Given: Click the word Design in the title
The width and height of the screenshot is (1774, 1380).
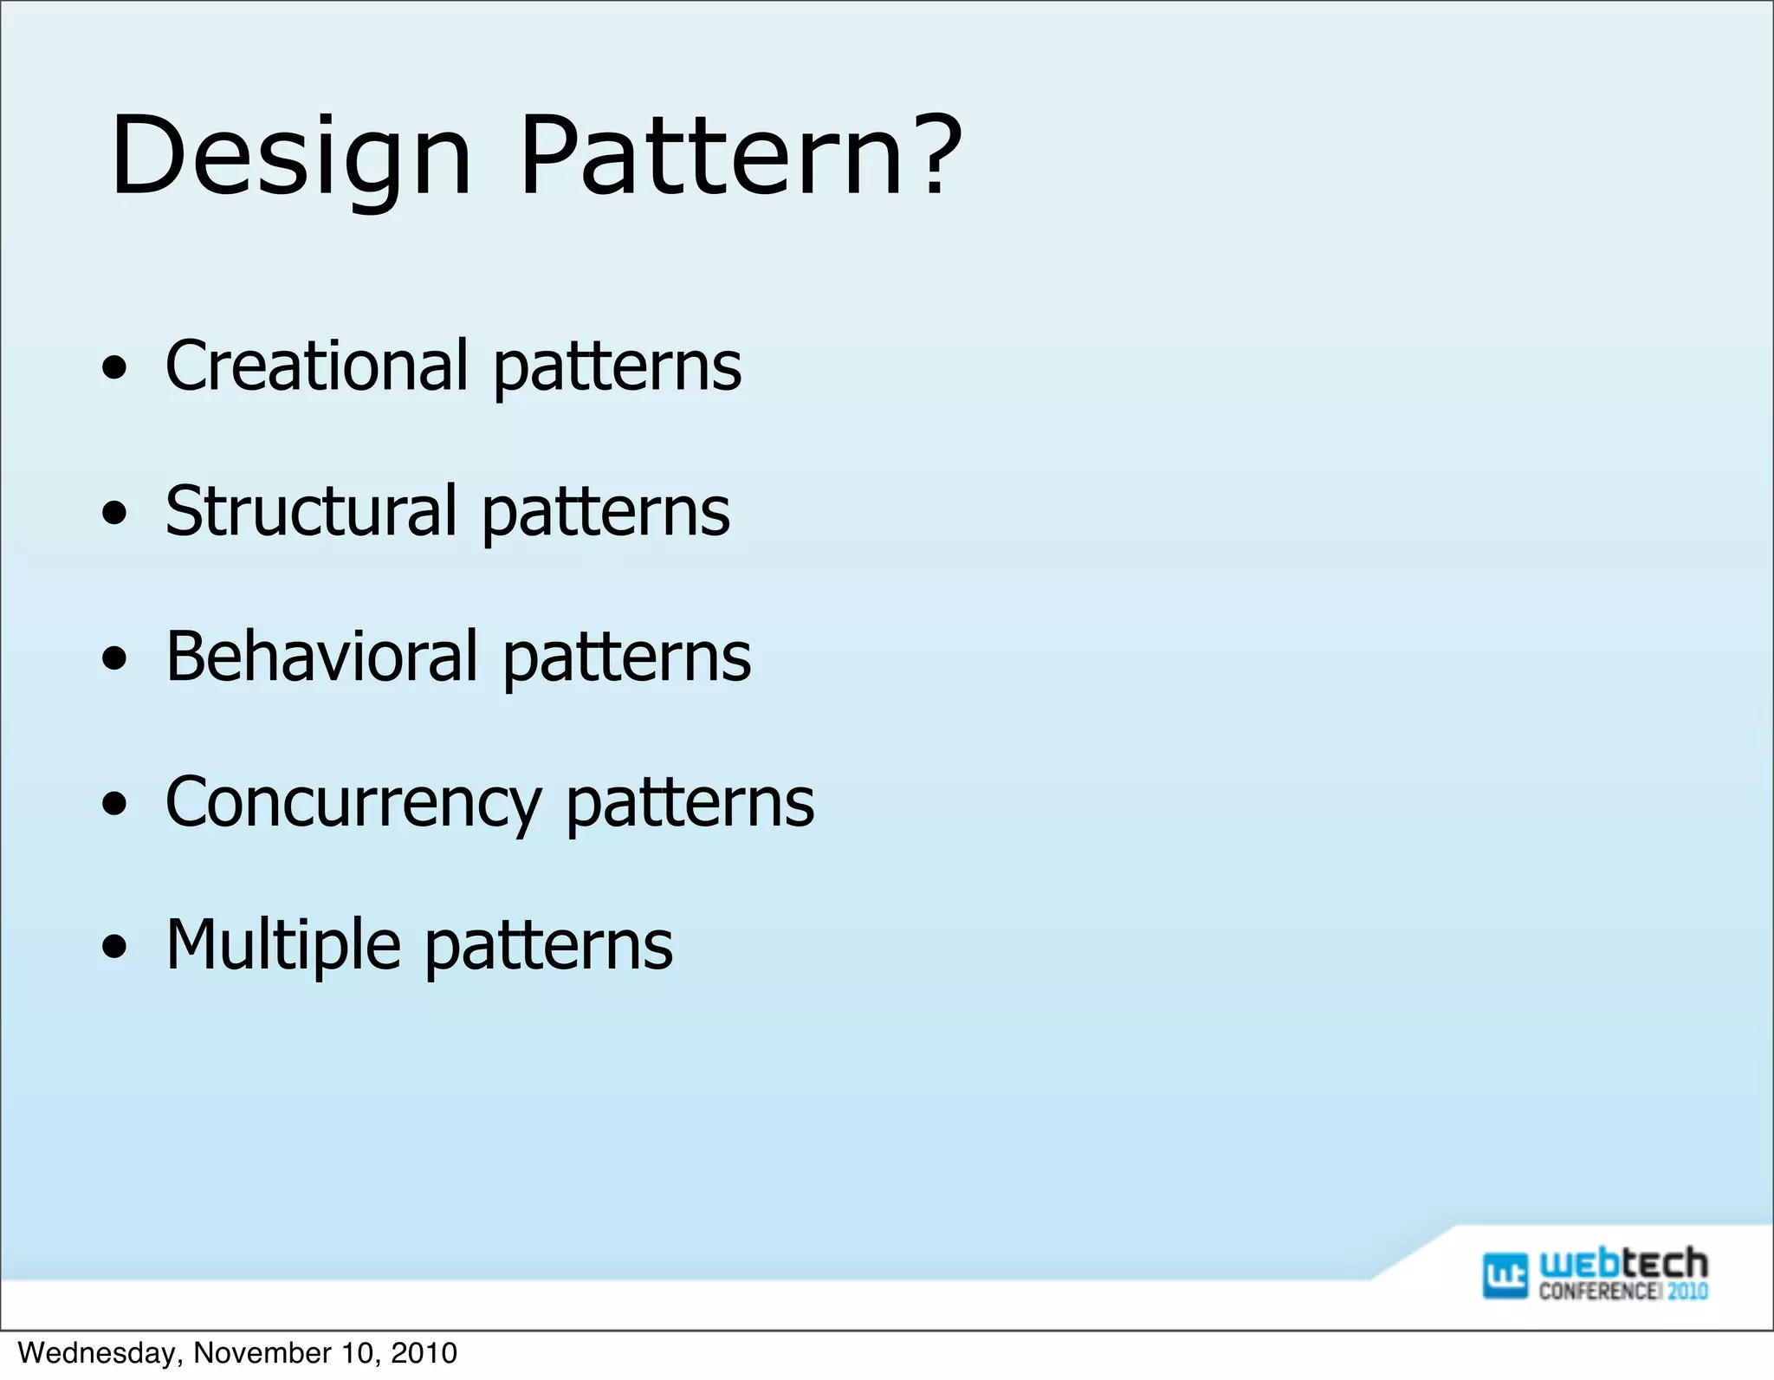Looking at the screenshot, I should [x=290, y=156].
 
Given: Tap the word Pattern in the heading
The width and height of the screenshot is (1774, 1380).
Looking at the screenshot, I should [x=710, y=156].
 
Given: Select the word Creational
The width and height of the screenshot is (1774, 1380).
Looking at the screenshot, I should [x=317, y=365].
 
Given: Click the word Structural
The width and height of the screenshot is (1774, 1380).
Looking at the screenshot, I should [x=310, y=510].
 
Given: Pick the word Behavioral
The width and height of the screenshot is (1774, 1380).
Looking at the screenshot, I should [x=321, y=656].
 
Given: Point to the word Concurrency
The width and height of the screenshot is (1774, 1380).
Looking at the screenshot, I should [x=353, y=802].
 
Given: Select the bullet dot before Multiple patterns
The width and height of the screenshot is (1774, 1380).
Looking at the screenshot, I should [x=113, y=949].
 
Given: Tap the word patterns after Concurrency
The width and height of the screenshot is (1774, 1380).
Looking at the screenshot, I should [x=690, y=804].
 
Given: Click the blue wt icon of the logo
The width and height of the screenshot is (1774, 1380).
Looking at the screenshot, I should [x=1505, y=1275].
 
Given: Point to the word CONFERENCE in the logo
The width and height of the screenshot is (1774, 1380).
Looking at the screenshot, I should [x=1599, y=1292].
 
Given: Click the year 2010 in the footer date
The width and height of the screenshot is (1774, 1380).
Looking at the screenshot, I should [x=424, y=1353].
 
